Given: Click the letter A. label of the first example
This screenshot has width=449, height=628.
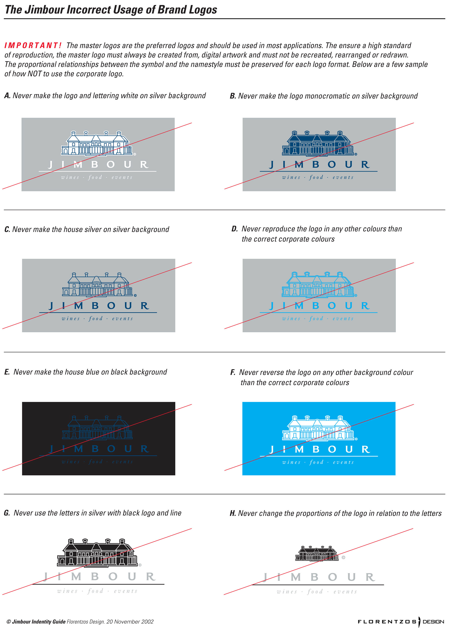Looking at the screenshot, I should pos(7,96).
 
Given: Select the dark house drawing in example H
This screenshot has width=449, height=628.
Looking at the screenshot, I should pos(317,553).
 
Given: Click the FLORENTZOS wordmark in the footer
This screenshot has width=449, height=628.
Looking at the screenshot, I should pos(387,622).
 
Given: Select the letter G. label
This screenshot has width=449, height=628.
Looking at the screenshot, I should pos(7,513).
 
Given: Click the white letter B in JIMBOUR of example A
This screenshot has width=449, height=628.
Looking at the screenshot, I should pos(94,165).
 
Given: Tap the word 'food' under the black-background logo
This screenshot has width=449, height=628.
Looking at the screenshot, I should pos(96,462).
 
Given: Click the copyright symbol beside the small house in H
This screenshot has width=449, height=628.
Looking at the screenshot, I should pos(343,557).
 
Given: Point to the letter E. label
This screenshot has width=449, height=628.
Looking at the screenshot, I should pos(7,372).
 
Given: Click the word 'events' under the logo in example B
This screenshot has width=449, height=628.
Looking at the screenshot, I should pos(343,178).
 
